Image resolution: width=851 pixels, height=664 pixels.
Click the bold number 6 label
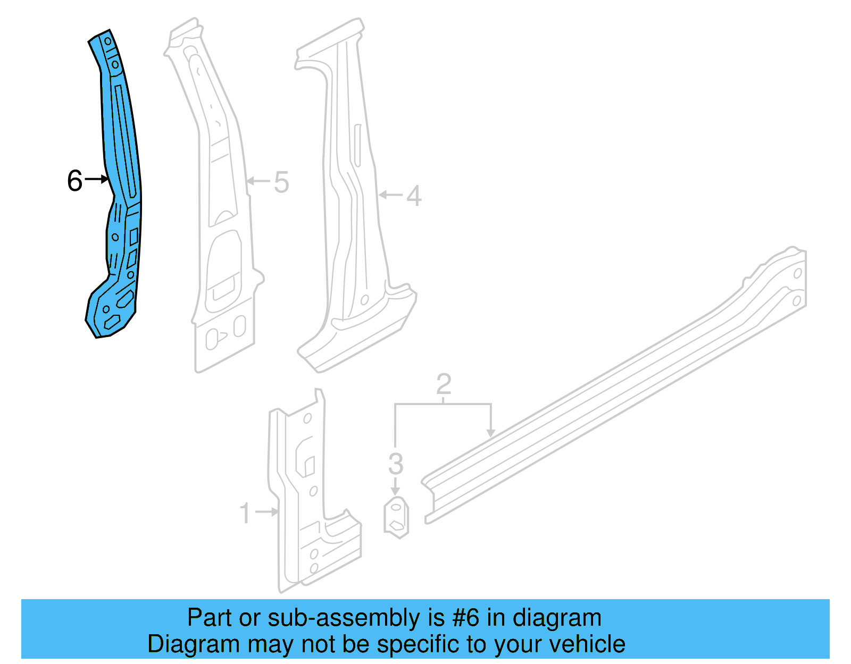75,181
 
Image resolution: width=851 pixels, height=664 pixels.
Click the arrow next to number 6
97,179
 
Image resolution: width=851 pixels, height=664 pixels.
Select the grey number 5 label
281,182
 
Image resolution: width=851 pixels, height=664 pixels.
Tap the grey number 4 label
414,196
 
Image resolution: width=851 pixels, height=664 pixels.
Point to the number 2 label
444,384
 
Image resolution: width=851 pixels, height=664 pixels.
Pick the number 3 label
395,464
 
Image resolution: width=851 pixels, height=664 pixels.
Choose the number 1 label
245,513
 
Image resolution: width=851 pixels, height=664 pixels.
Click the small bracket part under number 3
396,517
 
